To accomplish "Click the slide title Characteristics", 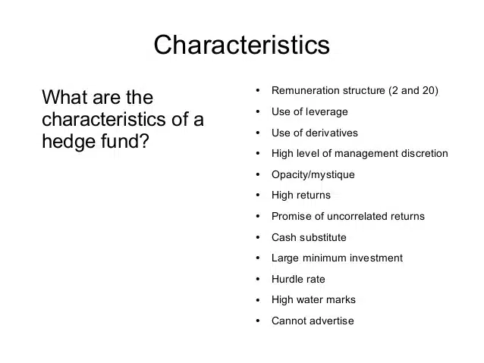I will pos(241,45).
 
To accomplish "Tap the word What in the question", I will pos(65,98).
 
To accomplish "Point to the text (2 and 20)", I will pos(413,91).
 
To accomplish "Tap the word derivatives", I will pos(330,133).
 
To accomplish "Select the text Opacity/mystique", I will pos(313,175).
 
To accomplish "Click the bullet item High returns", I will pos(300,196).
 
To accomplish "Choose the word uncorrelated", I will pos(358,217).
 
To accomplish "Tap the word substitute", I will pos(323,237).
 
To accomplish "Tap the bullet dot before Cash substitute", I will pos(259,237).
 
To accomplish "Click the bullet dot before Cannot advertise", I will pos(259,321).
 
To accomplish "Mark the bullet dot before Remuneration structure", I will pos(259,91).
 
